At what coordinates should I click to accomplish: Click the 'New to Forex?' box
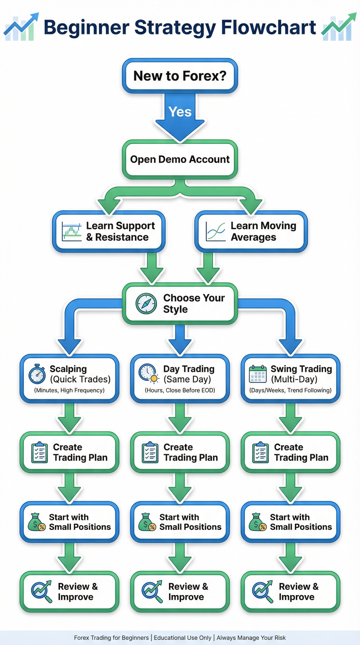(x=180, y=76)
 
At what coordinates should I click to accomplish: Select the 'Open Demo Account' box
(x=180, y=160)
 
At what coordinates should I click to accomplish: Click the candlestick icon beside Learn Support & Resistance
(x=71, y=231)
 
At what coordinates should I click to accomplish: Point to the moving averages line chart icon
(x=216, y=231)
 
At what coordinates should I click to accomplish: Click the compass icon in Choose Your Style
(x=146, y=304)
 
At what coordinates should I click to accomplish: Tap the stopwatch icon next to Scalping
(x=37, y=374)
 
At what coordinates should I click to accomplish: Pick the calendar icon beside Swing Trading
(x=258, y=374)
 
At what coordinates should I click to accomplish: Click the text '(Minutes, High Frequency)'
(x=69, y=390)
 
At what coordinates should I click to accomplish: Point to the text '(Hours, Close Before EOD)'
(x=180, y=390)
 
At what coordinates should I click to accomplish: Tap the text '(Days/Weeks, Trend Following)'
(x=290, y=390)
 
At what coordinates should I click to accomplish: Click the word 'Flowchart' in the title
(x=268, y=28)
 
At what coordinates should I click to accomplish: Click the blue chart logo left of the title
(x=21, y=28)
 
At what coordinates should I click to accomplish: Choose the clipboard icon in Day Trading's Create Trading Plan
(x=150, y=452)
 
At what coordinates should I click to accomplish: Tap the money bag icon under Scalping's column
(x=37, y=522)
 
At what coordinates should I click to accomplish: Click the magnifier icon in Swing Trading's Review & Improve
(x=262, y=592)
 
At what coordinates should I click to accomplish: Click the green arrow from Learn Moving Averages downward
(x=208, y=268)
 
